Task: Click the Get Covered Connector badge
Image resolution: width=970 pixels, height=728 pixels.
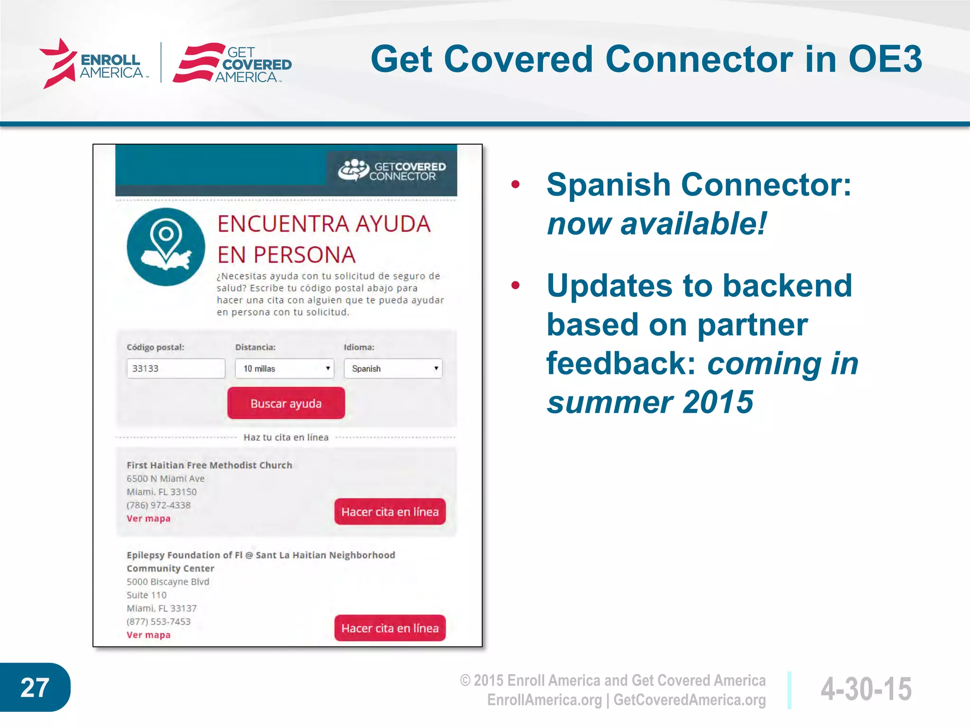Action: click(x=392, y=171)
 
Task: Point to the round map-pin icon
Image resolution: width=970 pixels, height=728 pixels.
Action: click(x=166, y=247)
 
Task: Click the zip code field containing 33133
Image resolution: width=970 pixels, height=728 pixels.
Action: click(x=176, y=368)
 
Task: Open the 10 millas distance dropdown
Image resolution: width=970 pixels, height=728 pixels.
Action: click(x=284, y=368)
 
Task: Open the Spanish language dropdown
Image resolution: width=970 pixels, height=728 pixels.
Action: click(x=393, y=368)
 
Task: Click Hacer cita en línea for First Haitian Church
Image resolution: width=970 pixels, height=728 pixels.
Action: click(x=390, y=512)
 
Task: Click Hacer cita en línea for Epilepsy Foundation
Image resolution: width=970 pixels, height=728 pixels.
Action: click(x=390, y=628)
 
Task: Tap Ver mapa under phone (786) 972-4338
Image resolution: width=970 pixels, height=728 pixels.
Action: click(x=148, y=519)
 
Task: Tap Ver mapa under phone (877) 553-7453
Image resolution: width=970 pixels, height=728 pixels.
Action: click(x=148, y=635)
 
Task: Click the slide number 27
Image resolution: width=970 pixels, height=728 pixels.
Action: click(x=35, y=688)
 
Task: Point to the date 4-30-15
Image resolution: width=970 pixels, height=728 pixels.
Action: click(x=866, y=689)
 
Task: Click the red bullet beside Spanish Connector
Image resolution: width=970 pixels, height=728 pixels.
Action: click(x=516, y=184)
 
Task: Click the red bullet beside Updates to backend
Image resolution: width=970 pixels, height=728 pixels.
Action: click(x=516, y=285)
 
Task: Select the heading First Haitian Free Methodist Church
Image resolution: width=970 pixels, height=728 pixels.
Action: click(x=209, y=465)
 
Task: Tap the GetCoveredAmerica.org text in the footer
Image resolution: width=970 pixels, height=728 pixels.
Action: click(x=690, y=700)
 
